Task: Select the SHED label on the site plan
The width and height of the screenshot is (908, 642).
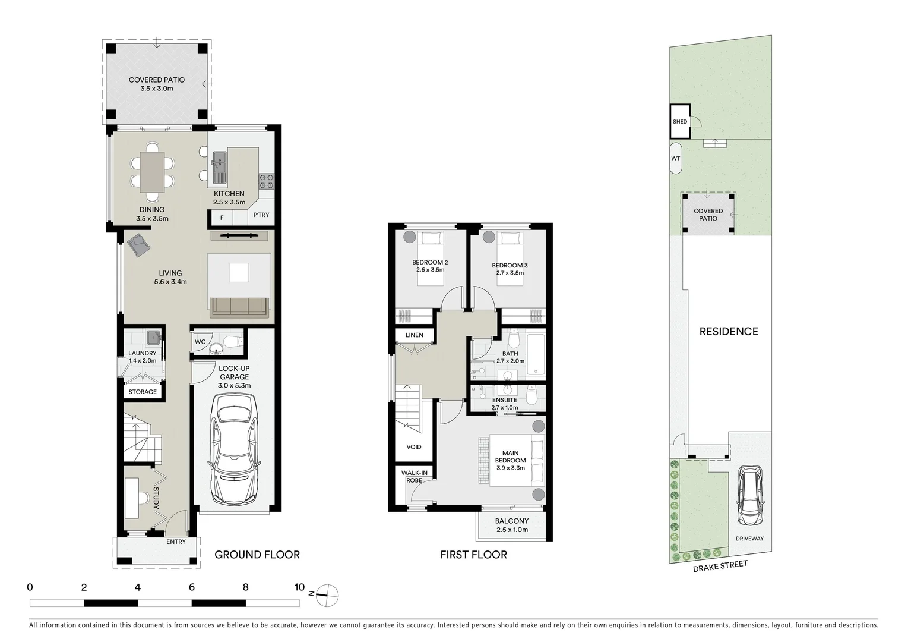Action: [680, 122]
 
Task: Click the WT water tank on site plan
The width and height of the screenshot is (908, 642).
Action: [675, 159]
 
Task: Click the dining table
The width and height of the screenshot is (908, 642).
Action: [152, 172]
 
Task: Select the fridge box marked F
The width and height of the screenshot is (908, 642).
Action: [222, 218]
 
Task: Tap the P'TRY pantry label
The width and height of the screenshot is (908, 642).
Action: [261, 215]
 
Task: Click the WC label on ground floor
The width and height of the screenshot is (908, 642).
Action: [200, 342]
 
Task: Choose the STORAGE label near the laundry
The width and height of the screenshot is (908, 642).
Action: [143, 392]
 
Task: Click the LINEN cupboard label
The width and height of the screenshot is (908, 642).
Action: [415, 335]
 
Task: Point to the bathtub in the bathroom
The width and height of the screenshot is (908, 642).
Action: [535, 356]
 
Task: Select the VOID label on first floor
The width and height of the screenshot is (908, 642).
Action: [414, 447]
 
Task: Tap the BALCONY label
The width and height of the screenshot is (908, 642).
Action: [511, 521]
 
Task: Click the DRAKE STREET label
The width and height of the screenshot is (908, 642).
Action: [720, 567]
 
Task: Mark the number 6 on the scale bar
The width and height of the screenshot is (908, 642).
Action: [192, 587]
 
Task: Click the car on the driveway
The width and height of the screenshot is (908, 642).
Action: [749, 496]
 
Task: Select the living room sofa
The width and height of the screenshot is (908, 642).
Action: [239, 307]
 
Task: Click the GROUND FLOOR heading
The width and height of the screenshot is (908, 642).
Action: [257, 555]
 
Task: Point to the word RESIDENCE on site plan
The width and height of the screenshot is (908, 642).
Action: [728, 332]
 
